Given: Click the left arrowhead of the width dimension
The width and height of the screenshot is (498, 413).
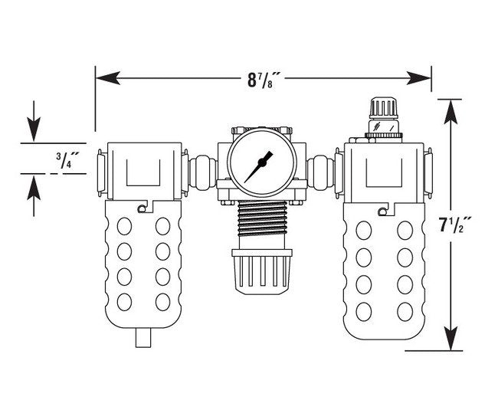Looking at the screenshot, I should click(103, 77).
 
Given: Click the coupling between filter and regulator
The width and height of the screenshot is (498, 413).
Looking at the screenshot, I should click(202, 168).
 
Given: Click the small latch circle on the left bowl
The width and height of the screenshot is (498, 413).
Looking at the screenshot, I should click(140, 209).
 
